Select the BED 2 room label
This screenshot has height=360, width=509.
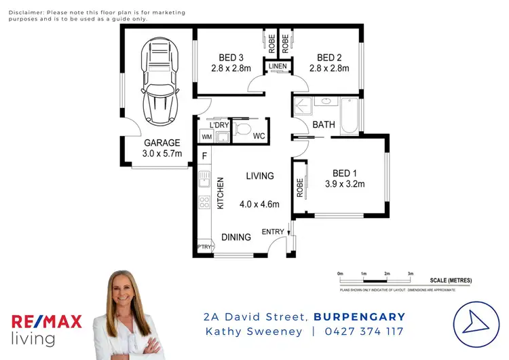pos(333,57)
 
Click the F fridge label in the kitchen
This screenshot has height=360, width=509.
pos(204,156)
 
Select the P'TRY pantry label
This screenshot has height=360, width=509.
pos(204,247)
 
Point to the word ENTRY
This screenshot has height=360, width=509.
pos(273,232)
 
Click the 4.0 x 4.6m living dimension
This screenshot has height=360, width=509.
pos(260,204)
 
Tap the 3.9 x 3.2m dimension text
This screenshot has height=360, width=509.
pos(345,184)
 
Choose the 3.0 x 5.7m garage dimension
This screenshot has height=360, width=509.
pos(162,154)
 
